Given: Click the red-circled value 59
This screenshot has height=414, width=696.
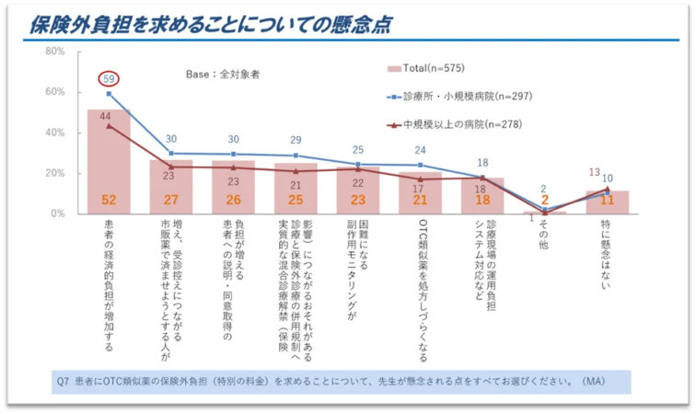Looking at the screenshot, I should (109, 79).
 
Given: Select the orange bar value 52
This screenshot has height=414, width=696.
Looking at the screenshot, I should (109, 199).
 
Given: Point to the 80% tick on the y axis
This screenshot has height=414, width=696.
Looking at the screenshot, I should (55, 52).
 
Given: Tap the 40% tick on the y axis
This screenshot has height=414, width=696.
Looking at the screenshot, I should (55, 132).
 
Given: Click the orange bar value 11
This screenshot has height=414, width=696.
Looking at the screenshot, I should (607, 199).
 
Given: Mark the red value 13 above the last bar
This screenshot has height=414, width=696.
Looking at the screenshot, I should (595, 172).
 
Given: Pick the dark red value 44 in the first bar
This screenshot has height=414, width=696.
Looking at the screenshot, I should (107, 116).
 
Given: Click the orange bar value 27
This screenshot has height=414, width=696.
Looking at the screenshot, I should (171, 199).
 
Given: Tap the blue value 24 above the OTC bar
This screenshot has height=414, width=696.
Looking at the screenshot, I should (420, 150).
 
